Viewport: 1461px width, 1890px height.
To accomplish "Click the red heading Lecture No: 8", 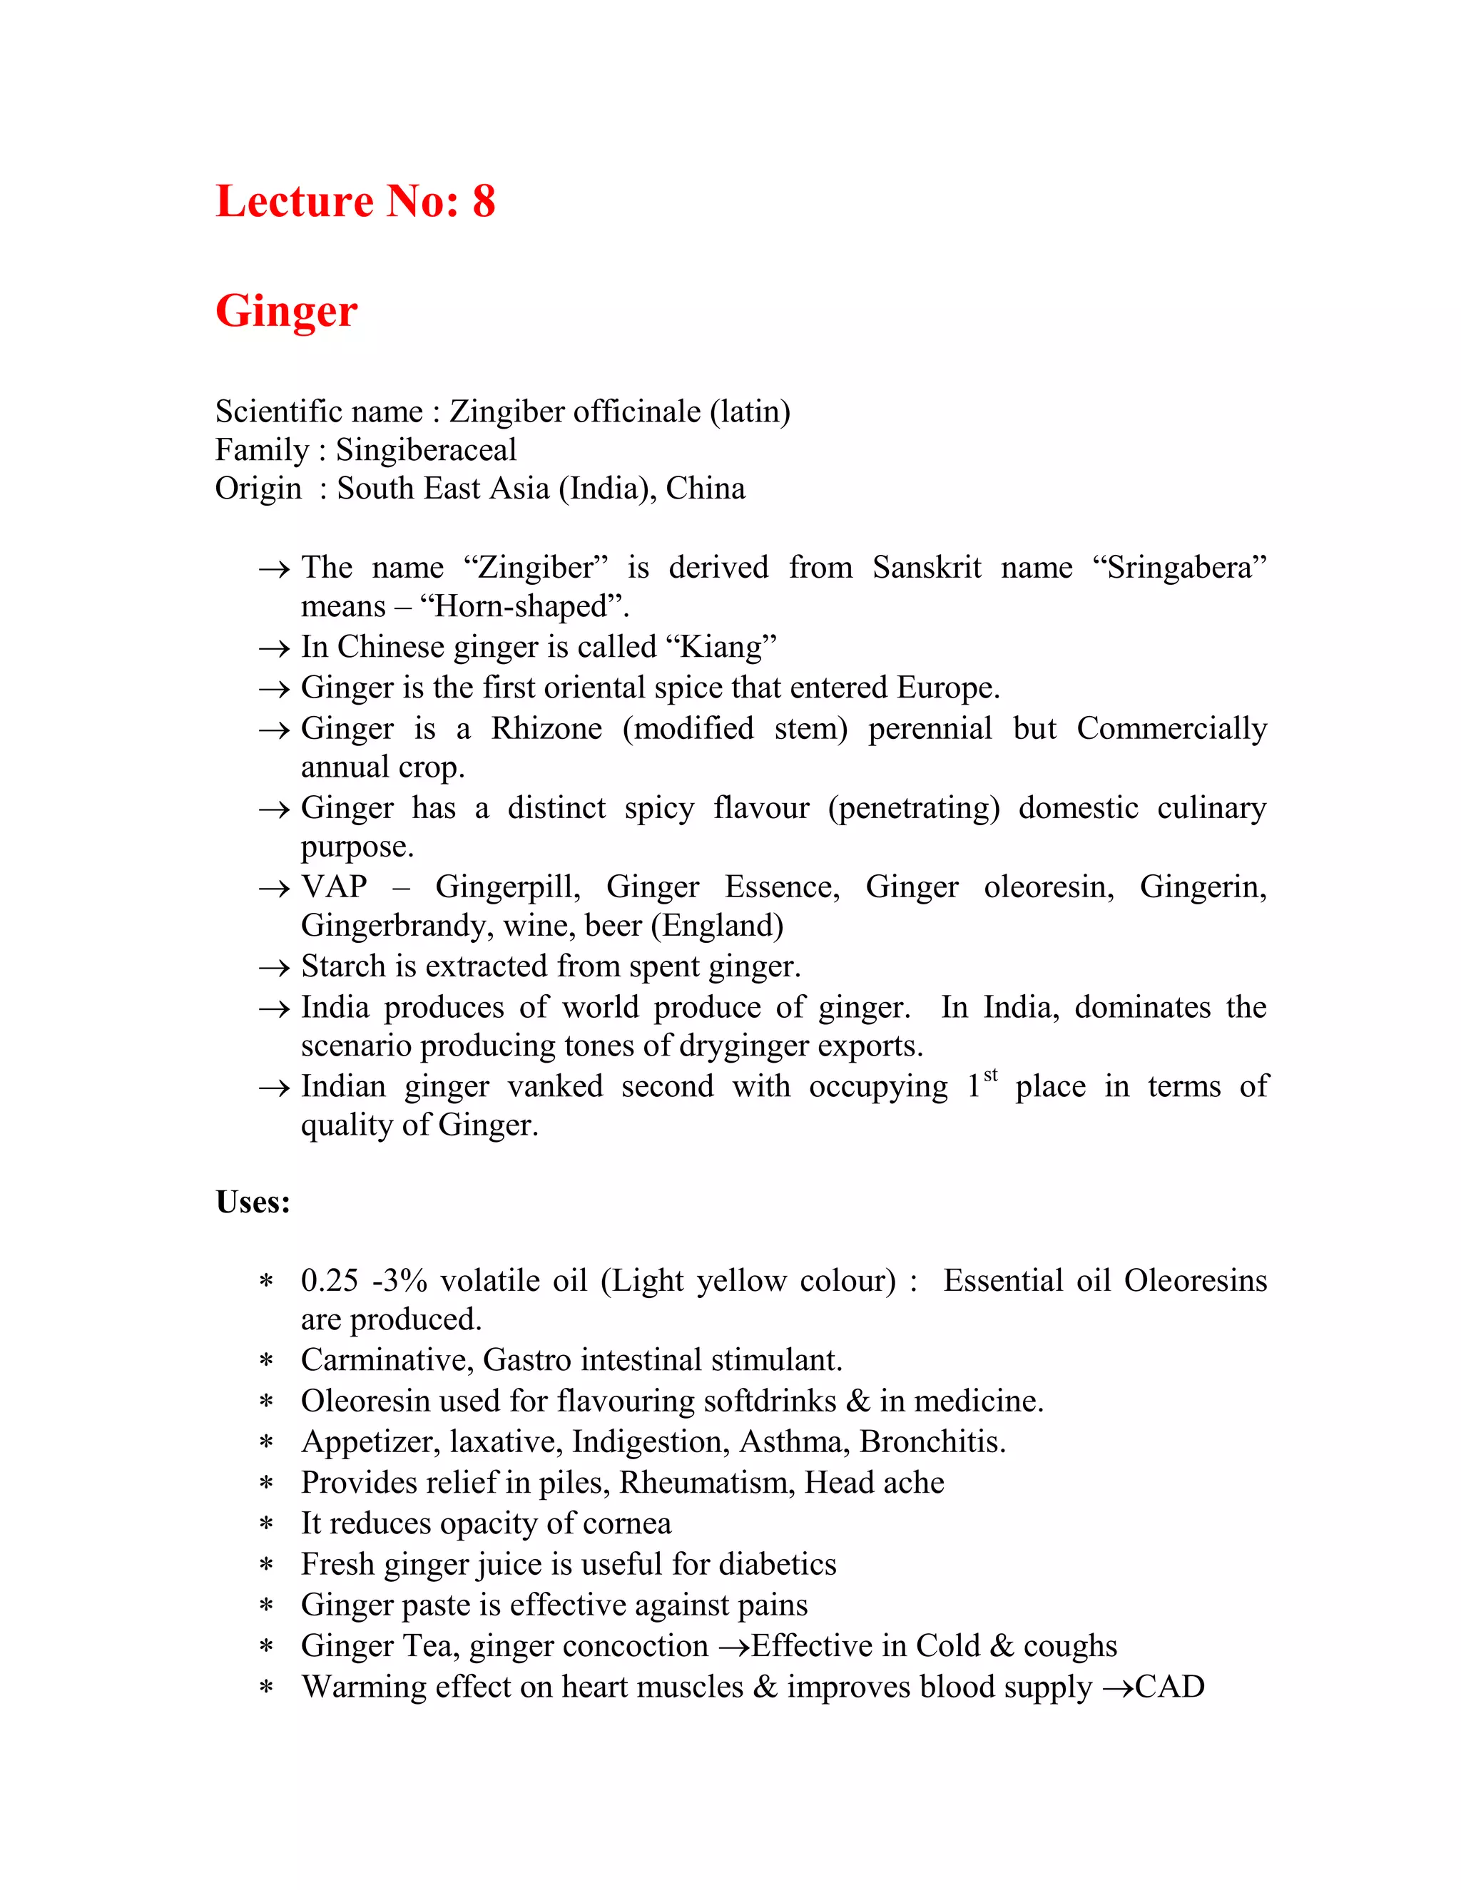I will [x=355, y=202].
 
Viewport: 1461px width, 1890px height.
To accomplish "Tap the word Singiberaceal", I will [x=426, y=450].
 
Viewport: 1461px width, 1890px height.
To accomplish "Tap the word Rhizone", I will [x=546, y=729].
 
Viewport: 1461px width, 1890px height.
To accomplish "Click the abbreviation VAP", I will [x=334, y=887].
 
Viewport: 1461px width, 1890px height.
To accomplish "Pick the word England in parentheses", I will [x=718, y=926].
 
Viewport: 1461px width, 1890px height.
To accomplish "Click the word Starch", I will [x=344, y=966].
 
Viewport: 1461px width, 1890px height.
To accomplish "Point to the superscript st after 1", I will [x=991, y=1076].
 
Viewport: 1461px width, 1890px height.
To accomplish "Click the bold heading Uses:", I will [x=253, y=1202].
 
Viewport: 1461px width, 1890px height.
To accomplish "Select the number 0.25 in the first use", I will [x=329, y=1281].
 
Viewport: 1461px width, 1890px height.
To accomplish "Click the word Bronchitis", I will [x=932, y=1441].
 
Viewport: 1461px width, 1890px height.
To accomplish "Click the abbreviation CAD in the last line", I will [x=1169, y=1687].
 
